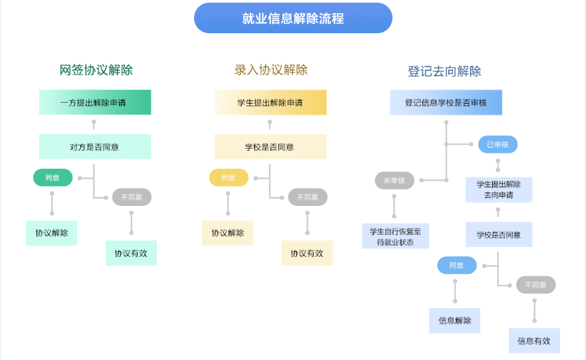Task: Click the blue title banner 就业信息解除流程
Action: pyautogui.click(x=293, y=18)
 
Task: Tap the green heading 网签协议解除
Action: pyautogui.click(x=96, y=70)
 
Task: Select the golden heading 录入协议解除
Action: pyautogui.click(x=271, y=70)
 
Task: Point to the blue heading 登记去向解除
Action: pyautogui.click(x=444, y=71)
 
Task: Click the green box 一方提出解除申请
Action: pyautogui.click(x=95, y=102)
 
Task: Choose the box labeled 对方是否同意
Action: pyautogui.click(x=95, y=147)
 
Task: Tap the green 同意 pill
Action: pyautogui.click(x=52, y=178)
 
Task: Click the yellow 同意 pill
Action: pyautogui.click(x=229, y=178)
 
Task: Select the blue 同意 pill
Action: pyautogui.click(x=456, y=266)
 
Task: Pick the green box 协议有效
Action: pyautogui.click(x=131, y=253)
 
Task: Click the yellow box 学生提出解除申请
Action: pyautogui.click(x=270, y=102)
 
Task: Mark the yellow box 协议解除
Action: pyautogui.click(x=227, y=233)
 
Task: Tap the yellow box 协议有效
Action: pyautogui.click(x=307, y=253)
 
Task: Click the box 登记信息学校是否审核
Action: pyautogui.click(x=446, y=102)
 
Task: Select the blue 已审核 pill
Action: pyautogui.click(x=498, y=144)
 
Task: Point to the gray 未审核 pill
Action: pyautogui.click(x=395, y=180)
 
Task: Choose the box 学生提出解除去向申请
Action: pyautogui.click(x=499, y=189)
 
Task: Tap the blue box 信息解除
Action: pyautogui.click(x=454, y=321)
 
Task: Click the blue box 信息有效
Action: pyautogui.click(x=534, y=341)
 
